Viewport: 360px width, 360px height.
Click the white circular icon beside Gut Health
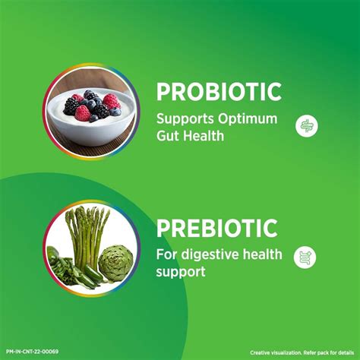305,125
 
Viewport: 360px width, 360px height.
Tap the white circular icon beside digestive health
305,258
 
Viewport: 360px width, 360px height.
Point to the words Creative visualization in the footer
273,352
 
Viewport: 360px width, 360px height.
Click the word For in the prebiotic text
165,254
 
